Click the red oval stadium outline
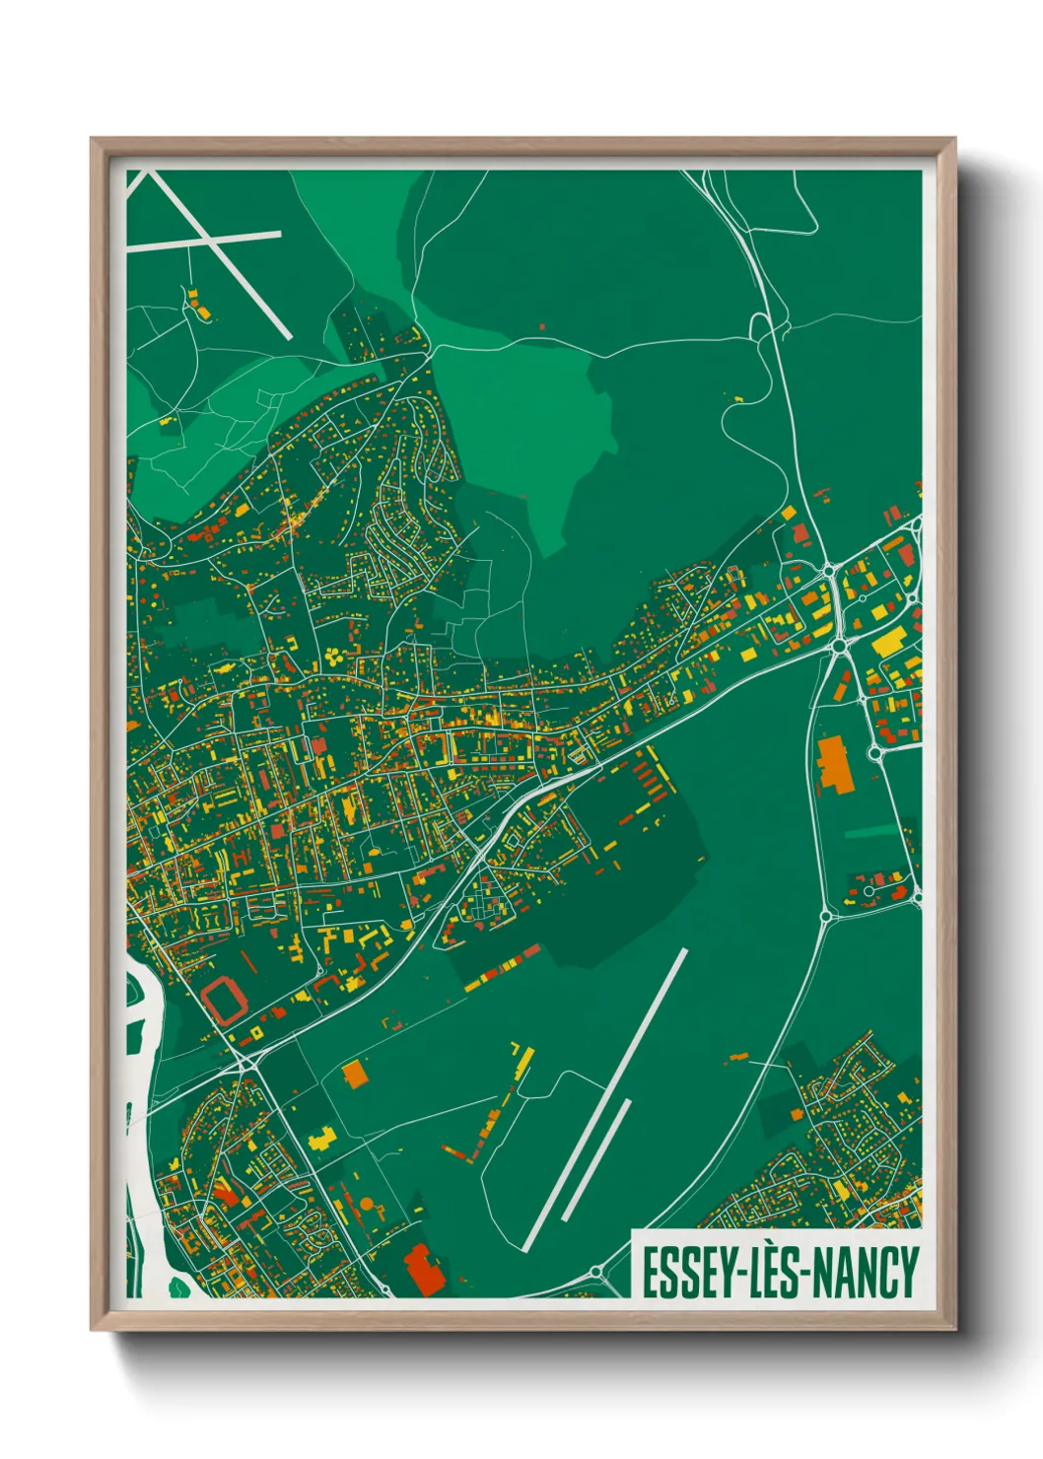[x=226, y=1000]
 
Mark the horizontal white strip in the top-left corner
[x=204, y=241]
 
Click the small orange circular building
[x=367, y=1204]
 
